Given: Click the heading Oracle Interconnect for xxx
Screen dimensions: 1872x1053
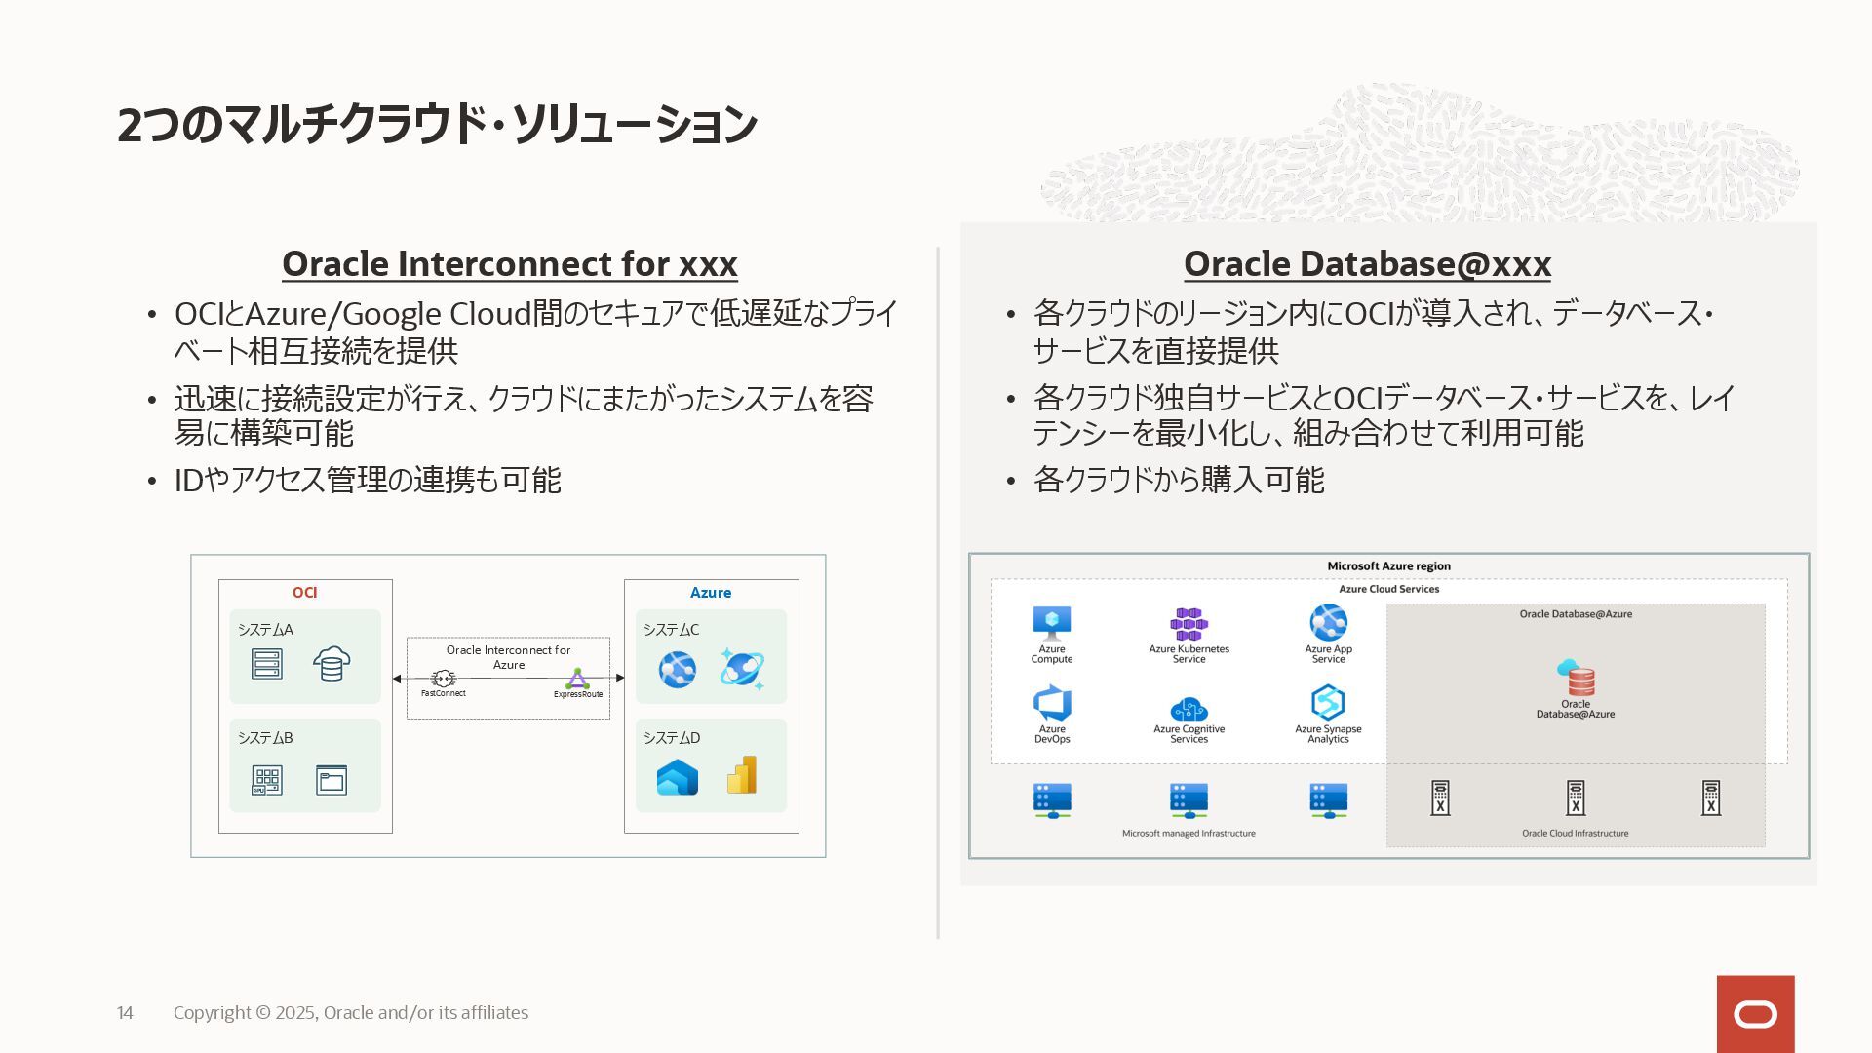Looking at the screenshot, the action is tap(509, 264).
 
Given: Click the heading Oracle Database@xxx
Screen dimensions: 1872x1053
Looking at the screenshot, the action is tap(1367, 264).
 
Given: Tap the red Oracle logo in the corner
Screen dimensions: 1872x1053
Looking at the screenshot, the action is tap(1755, 1014).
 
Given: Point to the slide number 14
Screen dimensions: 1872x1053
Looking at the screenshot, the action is tap(125, 1013).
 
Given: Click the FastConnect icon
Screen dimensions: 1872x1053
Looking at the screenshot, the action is tap(444, 679).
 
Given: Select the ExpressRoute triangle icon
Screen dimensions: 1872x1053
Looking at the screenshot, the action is tap(578, 679).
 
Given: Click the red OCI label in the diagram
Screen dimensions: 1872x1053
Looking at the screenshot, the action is tap(304, 593).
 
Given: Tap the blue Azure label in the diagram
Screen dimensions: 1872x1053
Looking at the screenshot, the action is tap(711, 593).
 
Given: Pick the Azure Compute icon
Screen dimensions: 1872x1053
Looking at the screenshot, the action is tap(1052, 622).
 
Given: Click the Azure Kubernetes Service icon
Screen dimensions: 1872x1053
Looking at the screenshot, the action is tap(1189, 624).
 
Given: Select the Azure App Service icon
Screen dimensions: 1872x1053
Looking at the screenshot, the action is tap(1328, 622).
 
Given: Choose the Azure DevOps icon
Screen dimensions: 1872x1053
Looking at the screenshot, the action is tap(1052, 703).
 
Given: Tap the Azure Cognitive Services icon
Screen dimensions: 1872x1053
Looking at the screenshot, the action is tap(1189, 709).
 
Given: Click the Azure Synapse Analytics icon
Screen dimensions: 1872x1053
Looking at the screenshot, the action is tap(1328, 702).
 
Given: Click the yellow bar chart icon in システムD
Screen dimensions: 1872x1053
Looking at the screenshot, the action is tap(742, 775).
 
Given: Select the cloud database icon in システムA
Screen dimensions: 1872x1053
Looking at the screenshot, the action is tap(331, 664).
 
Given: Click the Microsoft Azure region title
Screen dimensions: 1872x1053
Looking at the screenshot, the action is tap(1388, 566).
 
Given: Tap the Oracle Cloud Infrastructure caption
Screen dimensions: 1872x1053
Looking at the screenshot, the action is tap(1575, 834).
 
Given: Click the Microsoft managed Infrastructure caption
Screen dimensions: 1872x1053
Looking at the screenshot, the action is tap(1189, 834).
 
